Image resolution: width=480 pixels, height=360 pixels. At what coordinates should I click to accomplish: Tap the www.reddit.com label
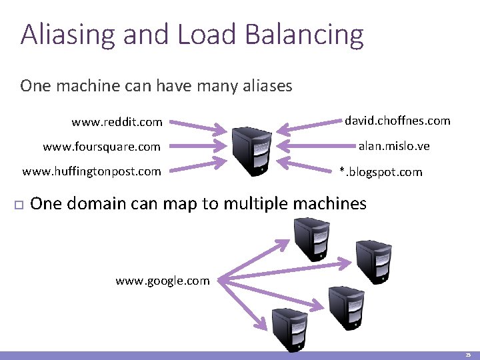[117, 122]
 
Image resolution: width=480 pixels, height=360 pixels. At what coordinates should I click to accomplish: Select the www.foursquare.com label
[101, 147]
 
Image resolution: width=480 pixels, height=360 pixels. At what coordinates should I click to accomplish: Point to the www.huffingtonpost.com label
[91, 171]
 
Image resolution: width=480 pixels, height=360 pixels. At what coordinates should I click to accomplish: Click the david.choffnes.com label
[397, 121]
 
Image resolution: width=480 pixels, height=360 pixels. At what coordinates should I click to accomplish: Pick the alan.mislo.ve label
[394, 146]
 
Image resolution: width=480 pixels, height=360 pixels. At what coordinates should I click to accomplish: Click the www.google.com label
[162, 281]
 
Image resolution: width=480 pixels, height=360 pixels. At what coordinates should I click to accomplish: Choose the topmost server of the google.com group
[311, 241]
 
